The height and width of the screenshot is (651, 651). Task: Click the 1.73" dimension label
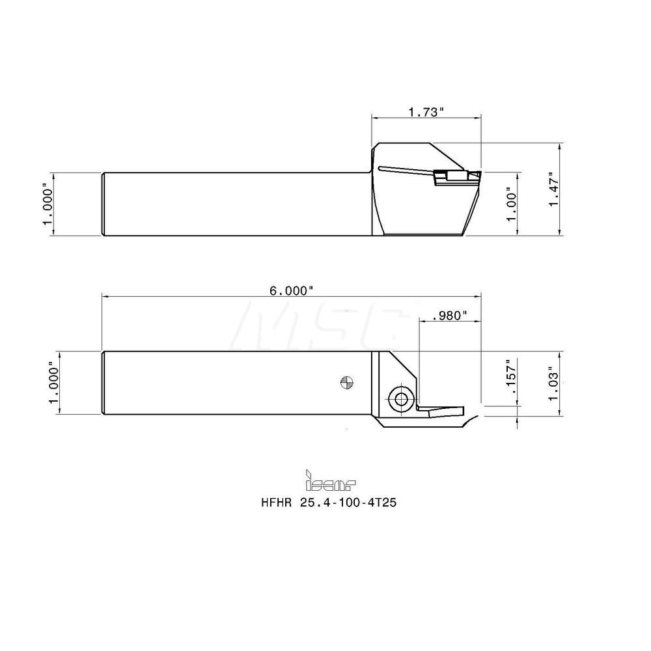426,112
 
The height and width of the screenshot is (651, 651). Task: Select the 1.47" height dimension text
555,189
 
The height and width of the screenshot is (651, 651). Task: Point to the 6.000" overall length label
291,290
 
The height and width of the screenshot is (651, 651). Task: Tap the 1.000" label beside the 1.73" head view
47,204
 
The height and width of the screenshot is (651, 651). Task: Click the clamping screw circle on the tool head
399,397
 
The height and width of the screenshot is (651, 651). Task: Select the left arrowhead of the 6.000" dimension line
104,296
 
